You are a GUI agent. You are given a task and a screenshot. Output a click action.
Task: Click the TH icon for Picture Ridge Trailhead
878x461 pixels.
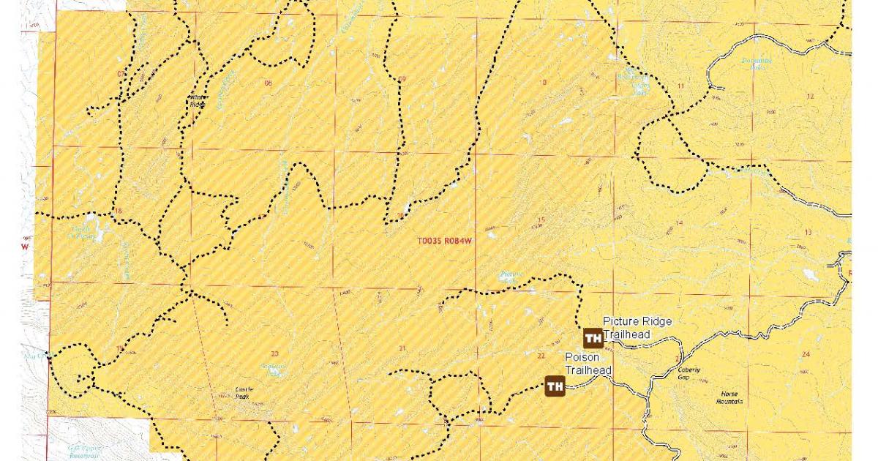click(x=593, y=338)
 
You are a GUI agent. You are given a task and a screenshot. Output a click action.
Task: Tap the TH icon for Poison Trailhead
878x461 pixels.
click(x=555, y=386)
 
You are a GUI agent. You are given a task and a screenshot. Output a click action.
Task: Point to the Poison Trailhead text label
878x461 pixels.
click(x=588, y=364)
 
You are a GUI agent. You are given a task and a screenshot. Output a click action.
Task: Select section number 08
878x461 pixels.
click(x=268, y=83)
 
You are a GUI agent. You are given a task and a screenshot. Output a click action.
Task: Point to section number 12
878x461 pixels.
click(x=810, y=97)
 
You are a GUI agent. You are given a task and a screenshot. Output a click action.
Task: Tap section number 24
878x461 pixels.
click(x=806, y=354)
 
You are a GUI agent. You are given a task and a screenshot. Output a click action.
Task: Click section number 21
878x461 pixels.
click(x=402, y=348)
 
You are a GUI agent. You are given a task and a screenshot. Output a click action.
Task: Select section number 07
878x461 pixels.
click(x=120, y=74)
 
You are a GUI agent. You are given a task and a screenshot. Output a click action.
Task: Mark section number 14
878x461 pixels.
click(x=679, y=223)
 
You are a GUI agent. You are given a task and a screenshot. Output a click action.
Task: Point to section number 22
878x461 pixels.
click(x=541, y=356)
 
